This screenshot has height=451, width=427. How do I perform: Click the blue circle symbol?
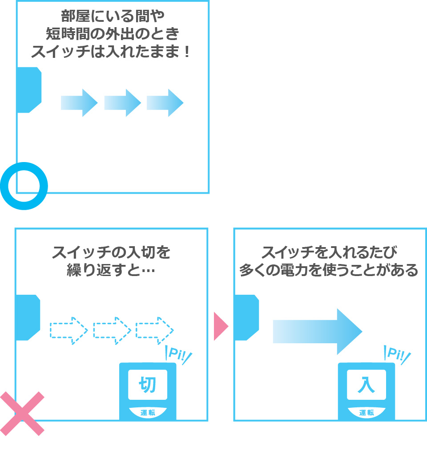click(x=24, y=185)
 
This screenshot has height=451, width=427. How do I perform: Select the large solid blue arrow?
click(x=318, y=332)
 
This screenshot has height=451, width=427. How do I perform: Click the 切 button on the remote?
click(x=148, y=384)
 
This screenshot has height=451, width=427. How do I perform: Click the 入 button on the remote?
click(x=367, y=384)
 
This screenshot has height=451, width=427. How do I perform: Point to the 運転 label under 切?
click(x=148, y=413)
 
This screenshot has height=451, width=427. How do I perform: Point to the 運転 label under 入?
click(x=367, y=413)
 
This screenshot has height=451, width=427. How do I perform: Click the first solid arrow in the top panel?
click(x=79, y=103)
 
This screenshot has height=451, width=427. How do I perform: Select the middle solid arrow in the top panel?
click(x=122, y=103)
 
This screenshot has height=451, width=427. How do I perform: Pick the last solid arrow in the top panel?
click(x=165, y=103)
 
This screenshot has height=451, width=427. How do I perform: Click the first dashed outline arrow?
click(x=69, y=330)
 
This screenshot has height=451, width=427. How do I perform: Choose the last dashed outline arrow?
click(x=154, y=330)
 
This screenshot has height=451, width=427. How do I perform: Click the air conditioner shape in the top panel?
click(x=29, y=90)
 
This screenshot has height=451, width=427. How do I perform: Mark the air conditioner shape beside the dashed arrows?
click(x=28, y=317)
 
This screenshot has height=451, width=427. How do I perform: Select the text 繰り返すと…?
click(x=111, y=270)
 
